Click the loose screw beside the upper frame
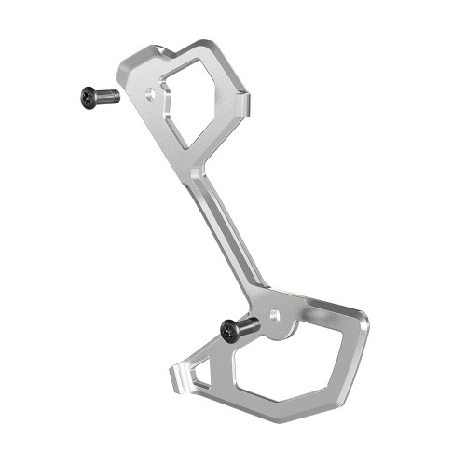pos(99,95)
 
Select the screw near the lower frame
pos(238,328)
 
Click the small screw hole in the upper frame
pos(152,94)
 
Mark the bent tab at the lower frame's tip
pos(178,377)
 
